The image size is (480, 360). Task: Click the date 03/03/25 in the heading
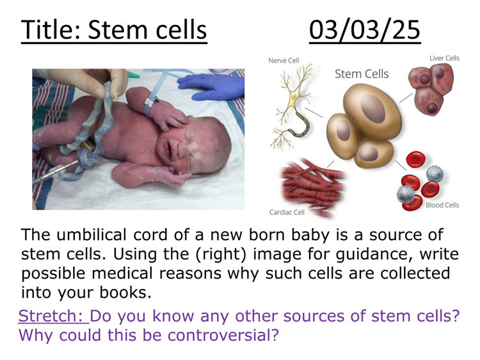click(x=364, y=30)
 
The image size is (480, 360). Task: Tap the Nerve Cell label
click(x=284, y=60)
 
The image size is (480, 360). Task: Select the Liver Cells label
click(x=444, y=58)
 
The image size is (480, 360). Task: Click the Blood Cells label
click(x=442, y=205)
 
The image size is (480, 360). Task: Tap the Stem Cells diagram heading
click(x=362, y=74)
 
